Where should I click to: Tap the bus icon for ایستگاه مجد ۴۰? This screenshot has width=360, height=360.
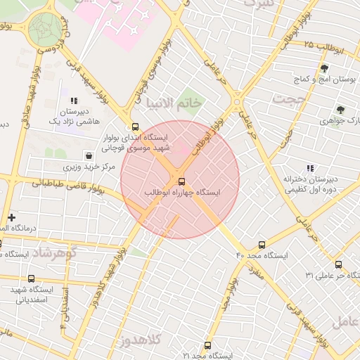coord(262,245)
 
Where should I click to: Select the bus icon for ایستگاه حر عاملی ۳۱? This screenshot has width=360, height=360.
coord(339,264)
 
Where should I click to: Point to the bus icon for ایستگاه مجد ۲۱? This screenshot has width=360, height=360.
coord(207,345)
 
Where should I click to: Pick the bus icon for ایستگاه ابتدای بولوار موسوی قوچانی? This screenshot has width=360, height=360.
coord(134,127)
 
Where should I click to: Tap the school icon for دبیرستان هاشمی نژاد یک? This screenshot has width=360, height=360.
coord(74,102)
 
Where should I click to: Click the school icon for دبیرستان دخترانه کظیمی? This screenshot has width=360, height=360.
coord(310,168)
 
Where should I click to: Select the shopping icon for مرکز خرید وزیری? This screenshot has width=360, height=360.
coord(89,155)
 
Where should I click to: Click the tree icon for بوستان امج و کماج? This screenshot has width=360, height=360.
coord(324,69)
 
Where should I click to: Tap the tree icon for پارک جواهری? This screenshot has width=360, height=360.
coord(340,110)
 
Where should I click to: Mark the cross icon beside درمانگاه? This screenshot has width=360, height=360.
coord(11,217)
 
